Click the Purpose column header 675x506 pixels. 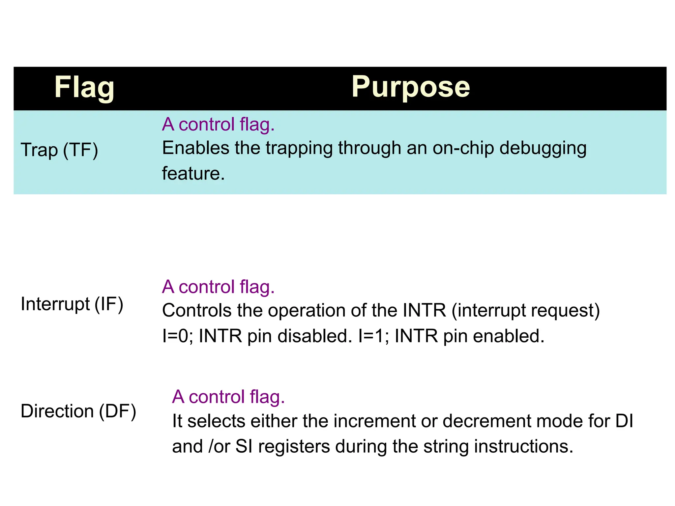point(410,87)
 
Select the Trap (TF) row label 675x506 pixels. point(59,150)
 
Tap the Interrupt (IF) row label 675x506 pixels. point(72,304)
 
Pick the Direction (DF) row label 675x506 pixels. point(78,411)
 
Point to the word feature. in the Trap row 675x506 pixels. point(193,174)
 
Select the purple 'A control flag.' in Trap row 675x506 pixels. point(218,125)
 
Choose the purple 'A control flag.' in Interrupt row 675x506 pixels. point(218,287)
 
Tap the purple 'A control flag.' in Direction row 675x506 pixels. point(228,397)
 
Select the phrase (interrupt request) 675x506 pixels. point(526,311)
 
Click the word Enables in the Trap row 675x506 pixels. point(195,148)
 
